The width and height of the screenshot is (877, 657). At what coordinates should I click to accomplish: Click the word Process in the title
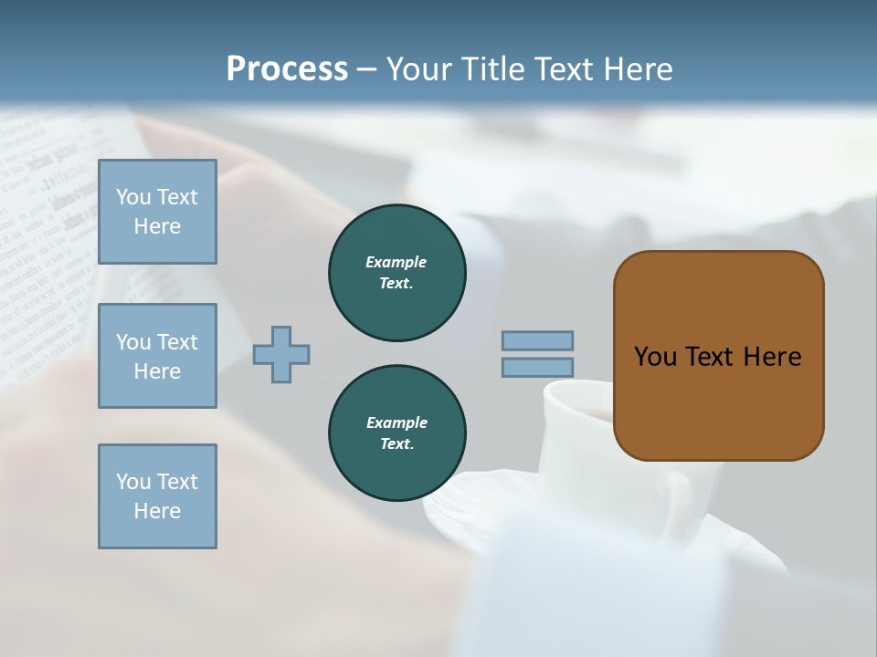pyautogui.click(x=287, y=69)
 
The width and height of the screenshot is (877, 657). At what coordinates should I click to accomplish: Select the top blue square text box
pyautogui.click(x=157, y=212)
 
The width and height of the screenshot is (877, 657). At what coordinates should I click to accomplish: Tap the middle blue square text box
pyautogui.click(x=157, y=356)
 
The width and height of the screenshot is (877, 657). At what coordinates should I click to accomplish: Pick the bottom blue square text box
pyautogui.click(x=157, y=496)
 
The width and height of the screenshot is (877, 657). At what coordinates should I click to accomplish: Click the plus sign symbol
pyautogui.click(x=281, y=354)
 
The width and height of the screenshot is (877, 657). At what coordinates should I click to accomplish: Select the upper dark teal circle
pyautogui.click(x=396, y=273)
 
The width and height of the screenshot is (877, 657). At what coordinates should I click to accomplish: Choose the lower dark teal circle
pyautogui.click(x=396, y=433)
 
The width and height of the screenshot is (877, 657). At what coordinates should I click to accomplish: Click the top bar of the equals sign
pyautogui.click(x=537, y=340)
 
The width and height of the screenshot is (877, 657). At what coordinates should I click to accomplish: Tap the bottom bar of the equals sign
pyautogui.click(x=537, y=368)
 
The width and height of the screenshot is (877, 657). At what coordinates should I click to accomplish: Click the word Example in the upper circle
pyautogui.click(x=396, y=262)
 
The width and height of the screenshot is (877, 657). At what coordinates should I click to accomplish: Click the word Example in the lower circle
pyautogui.click(x=396, y=422)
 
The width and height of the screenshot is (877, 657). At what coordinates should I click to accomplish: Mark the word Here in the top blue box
pyautogui.click(x=157, y=226)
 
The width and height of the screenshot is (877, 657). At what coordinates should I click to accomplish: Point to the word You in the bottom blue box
pyautogui.click(x=133, y=482)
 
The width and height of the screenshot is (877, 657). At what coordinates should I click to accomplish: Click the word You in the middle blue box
pyautogui.click(x=133, y=342)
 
